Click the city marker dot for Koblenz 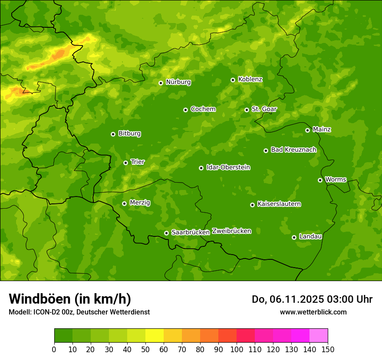pos(233,80)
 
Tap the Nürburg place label pos(178,82)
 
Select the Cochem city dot pos(185,110)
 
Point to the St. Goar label pos(264,109)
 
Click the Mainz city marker pos(307,130)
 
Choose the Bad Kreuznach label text pos(293,150)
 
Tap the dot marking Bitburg pos(113,134)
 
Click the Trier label pos(138,162)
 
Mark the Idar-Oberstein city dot pos(201,168)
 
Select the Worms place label pos(336,180)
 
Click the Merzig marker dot pos(124,203)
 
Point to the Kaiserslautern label pos(279,204)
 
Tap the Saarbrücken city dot pos(166,233)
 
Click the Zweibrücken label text pos(231,231)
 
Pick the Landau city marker pos(294,237)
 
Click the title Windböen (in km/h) pos(70,299)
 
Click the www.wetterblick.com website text pos(313,312)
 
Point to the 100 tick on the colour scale pos(237,349)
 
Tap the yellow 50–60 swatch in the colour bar pos(155,336)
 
